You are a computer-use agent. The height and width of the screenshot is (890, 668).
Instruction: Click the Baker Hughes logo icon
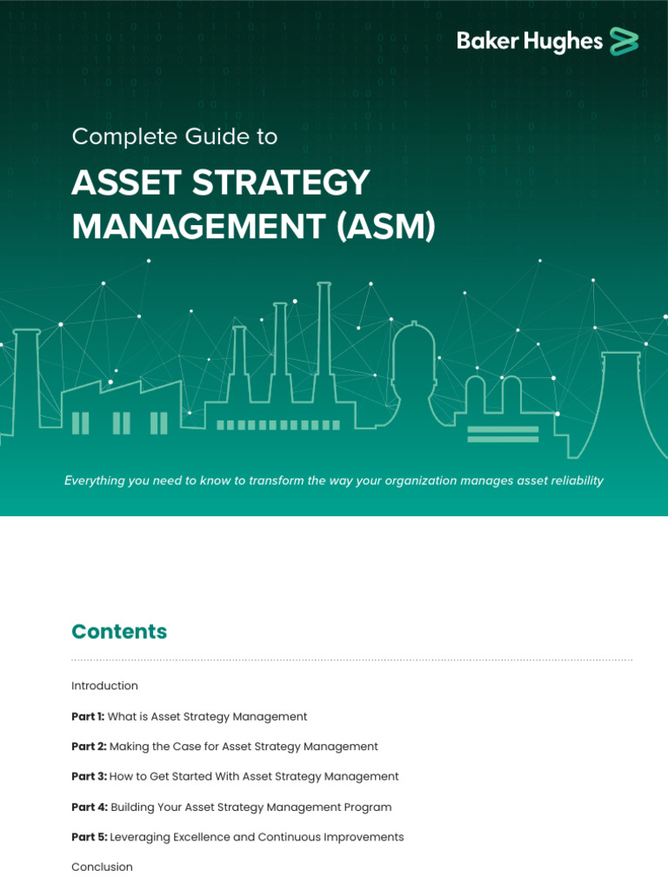point(624,41)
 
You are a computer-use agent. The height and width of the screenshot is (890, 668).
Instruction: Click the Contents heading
point(119,632)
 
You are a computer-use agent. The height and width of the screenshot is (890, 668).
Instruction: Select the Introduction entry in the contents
point(104,686)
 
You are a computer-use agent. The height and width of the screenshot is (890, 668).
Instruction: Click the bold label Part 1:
point(88,717)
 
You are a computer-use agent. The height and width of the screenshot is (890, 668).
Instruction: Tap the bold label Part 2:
point(89,747)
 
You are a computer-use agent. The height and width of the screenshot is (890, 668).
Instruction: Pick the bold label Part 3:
point(89,777)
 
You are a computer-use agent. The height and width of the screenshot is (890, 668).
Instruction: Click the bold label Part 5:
point(89,837)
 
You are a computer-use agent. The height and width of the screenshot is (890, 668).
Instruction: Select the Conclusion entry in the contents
point(102,867)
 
